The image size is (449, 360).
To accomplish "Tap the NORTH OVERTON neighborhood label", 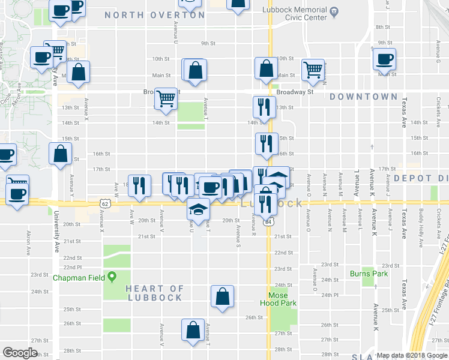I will click(x=155, y=15).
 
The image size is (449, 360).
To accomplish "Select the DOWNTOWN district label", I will click(x=363, y=97).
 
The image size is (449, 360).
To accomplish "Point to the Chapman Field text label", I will click(x=79, y=278).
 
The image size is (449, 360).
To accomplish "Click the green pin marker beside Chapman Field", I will click(x=112, y=277).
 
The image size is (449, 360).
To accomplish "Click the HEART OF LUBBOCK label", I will click(x=154, y=293).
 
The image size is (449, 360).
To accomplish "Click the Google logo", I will click(x=20, y=353).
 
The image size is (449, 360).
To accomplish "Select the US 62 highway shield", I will click(x=105, y=204).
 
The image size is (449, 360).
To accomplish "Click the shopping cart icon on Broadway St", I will click(x=166, y=97).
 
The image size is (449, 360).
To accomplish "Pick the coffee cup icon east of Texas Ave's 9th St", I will click(x=384, y=59).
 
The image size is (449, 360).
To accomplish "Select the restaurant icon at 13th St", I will click(x=264, y=107).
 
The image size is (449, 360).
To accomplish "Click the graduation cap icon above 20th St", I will click(x=198, y=208).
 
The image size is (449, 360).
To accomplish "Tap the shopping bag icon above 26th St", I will click(x=222, y=296).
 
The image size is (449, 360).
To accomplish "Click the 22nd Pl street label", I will click(x=73, y=266).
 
